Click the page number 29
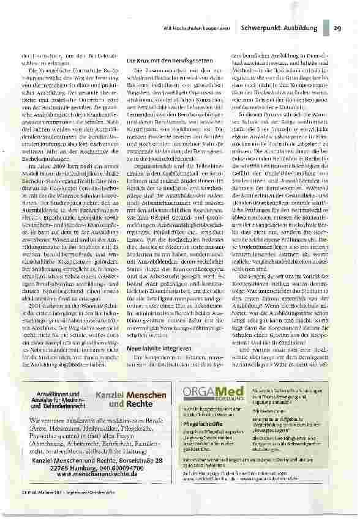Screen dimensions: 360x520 pyautogui.click(x=337, y=28)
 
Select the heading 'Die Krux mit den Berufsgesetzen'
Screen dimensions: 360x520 pyautogui.click(x=169, y=63)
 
